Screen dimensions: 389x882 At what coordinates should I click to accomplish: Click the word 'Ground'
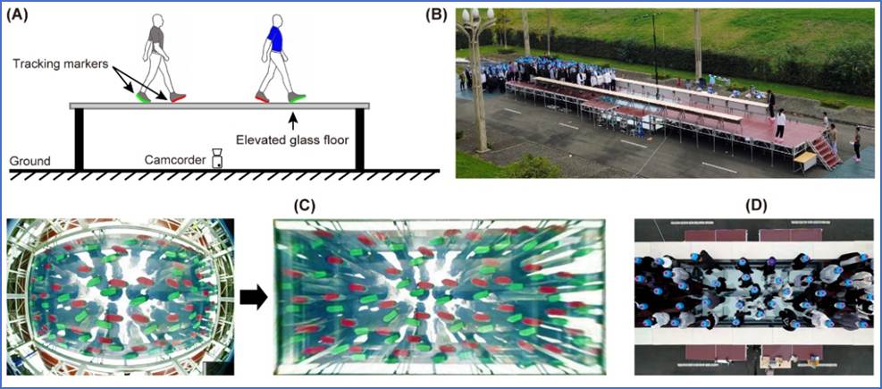(29, 162)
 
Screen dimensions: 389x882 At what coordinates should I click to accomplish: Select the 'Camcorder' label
(174, 162)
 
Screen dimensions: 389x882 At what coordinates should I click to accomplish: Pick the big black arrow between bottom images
(254, 299)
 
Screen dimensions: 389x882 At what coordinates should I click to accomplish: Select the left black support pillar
(79, 140)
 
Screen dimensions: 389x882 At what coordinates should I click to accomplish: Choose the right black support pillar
(362, 140)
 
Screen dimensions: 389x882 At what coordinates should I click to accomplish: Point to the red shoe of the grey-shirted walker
(177, 97)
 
